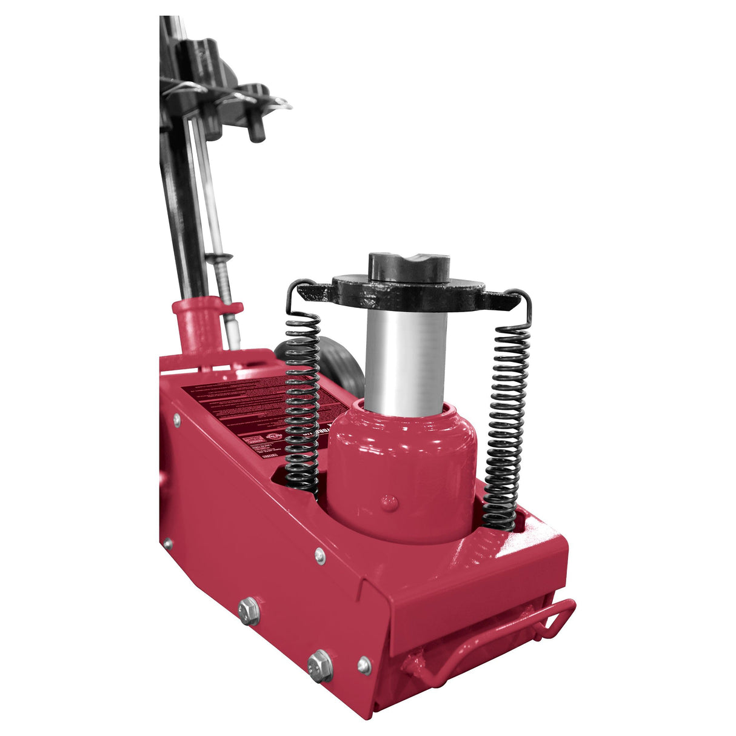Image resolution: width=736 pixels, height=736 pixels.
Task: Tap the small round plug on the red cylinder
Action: [390, 501]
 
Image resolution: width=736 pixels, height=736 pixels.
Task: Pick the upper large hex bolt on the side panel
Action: [249, 611]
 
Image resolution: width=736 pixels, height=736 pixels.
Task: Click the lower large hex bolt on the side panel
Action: [320, 665]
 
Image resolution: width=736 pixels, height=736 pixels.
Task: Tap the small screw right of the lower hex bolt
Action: [364, 665]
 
